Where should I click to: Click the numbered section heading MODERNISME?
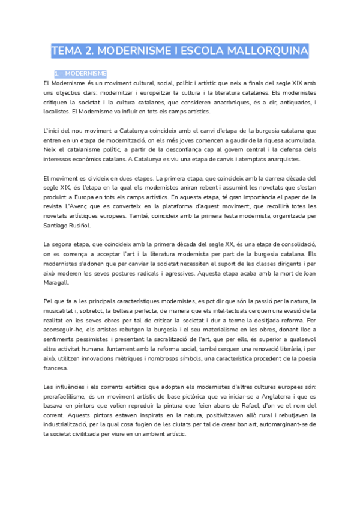click(x=85, y=73)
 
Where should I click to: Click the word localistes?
click(x=56, y=112)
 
